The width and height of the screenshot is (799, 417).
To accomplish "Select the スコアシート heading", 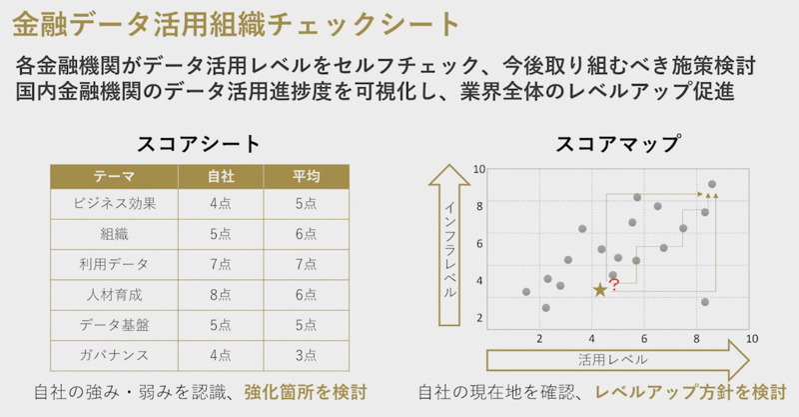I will (x=198, y=143).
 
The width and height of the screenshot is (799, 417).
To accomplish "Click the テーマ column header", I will (x=114, y=176).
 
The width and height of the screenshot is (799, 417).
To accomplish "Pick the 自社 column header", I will (x=221, y=176).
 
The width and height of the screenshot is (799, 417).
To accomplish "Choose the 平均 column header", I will (x=306, y=176).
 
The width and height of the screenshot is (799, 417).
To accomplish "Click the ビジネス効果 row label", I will (x=114, y=204).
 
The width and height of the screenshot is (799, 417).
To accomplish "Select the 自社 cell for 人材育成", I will (x=221, y=295).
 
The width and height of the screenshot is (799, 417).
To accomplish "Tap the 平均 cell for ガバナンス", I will (x=306, y=354).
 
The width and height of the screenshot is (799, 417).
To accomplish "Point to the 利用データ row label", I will (x=114, y=264).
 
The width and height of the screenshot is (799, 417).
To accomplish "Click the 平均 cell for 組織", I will (x=306, y=234).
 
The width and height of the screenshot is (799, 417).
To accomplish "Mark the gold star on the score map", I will (x=599, y=290).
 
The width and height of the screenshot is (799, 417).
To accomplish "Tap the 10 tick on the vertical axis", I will (x=479, y=170).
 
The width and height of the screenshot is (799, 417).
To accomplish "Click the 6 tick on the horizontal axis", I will (x=644, y=338).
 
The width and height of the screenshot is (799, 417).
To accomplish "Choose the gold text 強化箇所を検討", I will (x=306, y=392).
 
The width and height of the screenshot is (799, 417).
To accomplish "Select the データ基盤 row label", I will (x=114, y=324).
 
